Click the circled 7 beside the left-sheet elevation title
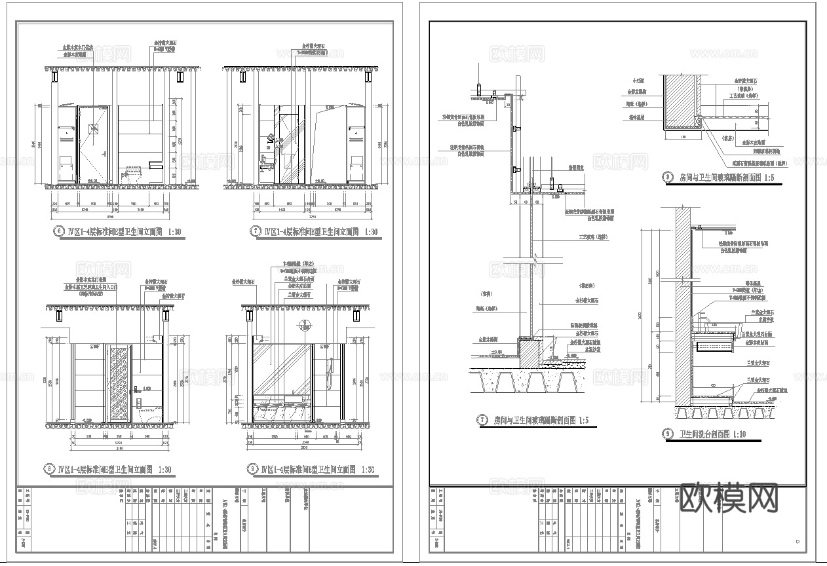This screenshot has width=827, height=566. (256, 231)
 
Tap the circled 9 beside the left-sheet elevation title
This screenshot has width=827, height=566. (252, 469)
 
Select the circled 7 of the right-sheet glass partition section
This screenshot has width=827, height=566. (483, 420)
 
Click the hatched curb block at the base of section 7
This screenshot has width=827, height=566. (528, 351)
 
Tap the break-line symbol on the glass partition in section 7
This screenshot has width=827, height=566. (534, 262)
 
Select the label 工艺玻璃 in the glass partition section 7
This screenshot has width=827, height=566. (587, 236)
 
